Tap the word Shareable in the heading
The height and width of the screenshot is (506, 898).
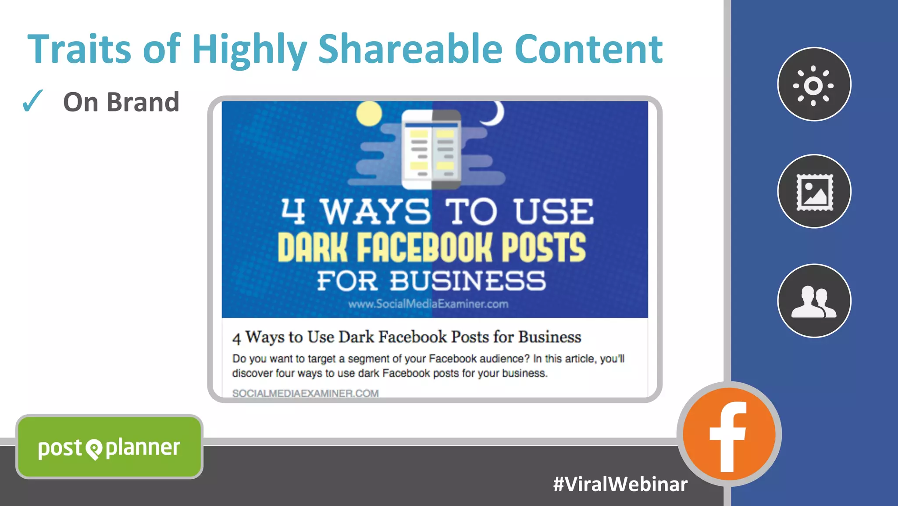pos(410,49)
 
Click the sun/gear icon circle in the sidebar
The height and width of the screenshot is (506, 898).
pos(814,84)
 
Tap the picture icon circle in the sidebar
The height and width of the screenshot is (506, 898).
pos(814,191)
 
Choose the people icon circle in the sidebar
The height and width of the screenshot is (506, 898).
pos(814,301)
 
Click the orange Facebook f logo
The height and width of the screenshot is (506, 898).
pos(729,434)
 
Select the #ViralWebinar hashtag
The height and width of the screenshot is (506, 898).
pos(620,484)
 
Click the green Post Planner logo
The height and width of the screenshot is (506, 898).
pos(109,447)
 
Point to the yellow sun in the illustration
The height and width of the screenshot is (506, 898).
pos(369,114)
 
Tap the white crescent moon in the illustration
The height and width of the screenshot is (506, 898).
pos(495,113)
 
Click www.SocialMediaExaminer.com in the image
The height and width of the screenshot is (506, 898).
pos(428,304)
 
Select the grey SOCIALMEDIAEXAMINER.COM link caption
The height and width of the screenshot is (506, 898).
pos(305,393)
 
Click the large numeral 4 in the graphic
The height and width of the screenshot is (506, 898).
pos(293,211)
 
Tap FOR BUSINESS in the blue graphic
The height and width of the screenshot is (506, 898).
pos(431,281)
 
